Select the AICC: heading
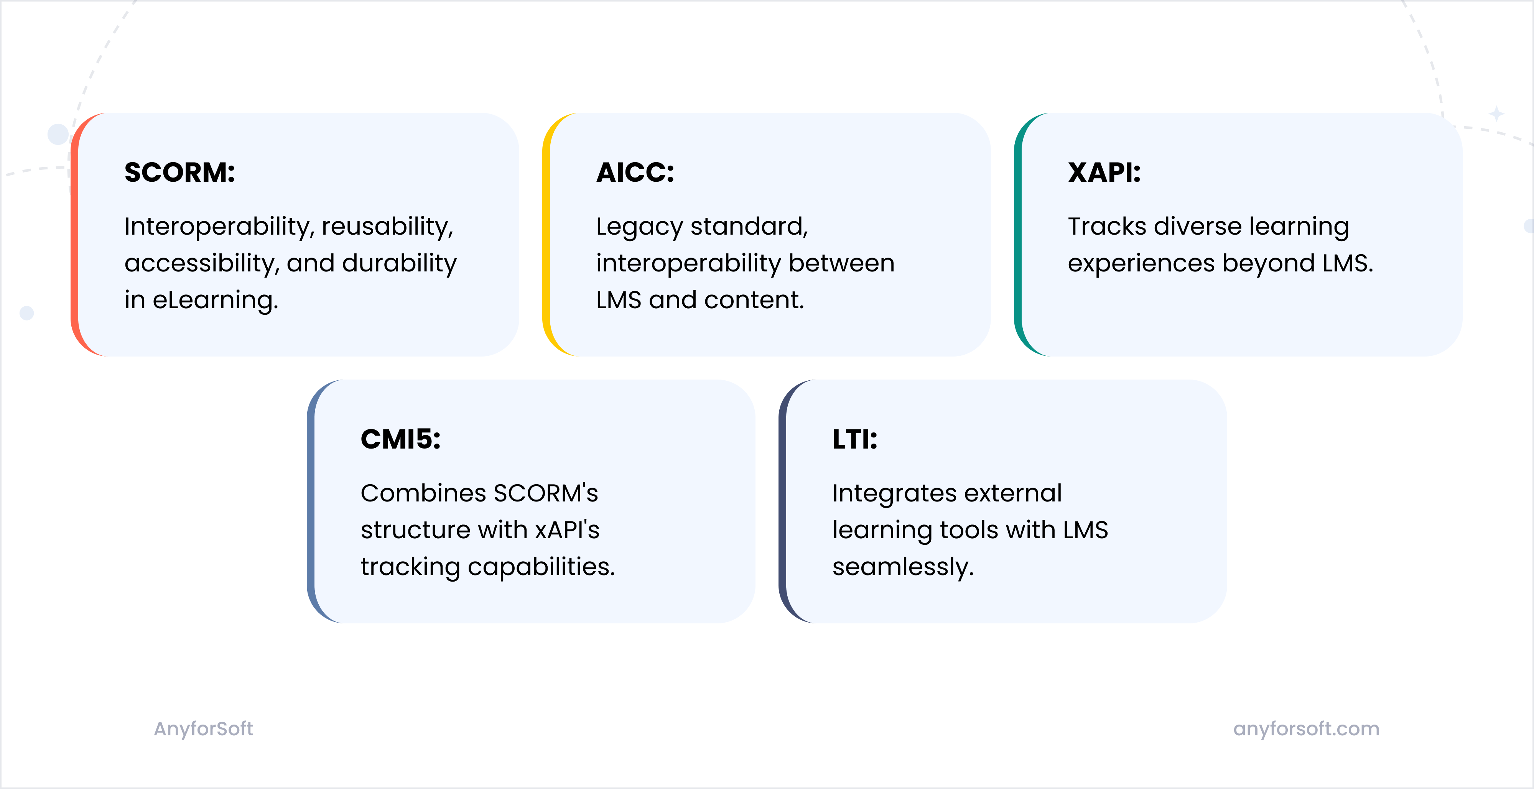(635, 173)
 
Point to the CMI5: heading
(400, 439)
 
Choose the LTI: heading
(854, 439)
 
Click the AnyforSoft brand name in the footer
(203, 729)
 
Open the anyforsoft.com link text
(1306, 729)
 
